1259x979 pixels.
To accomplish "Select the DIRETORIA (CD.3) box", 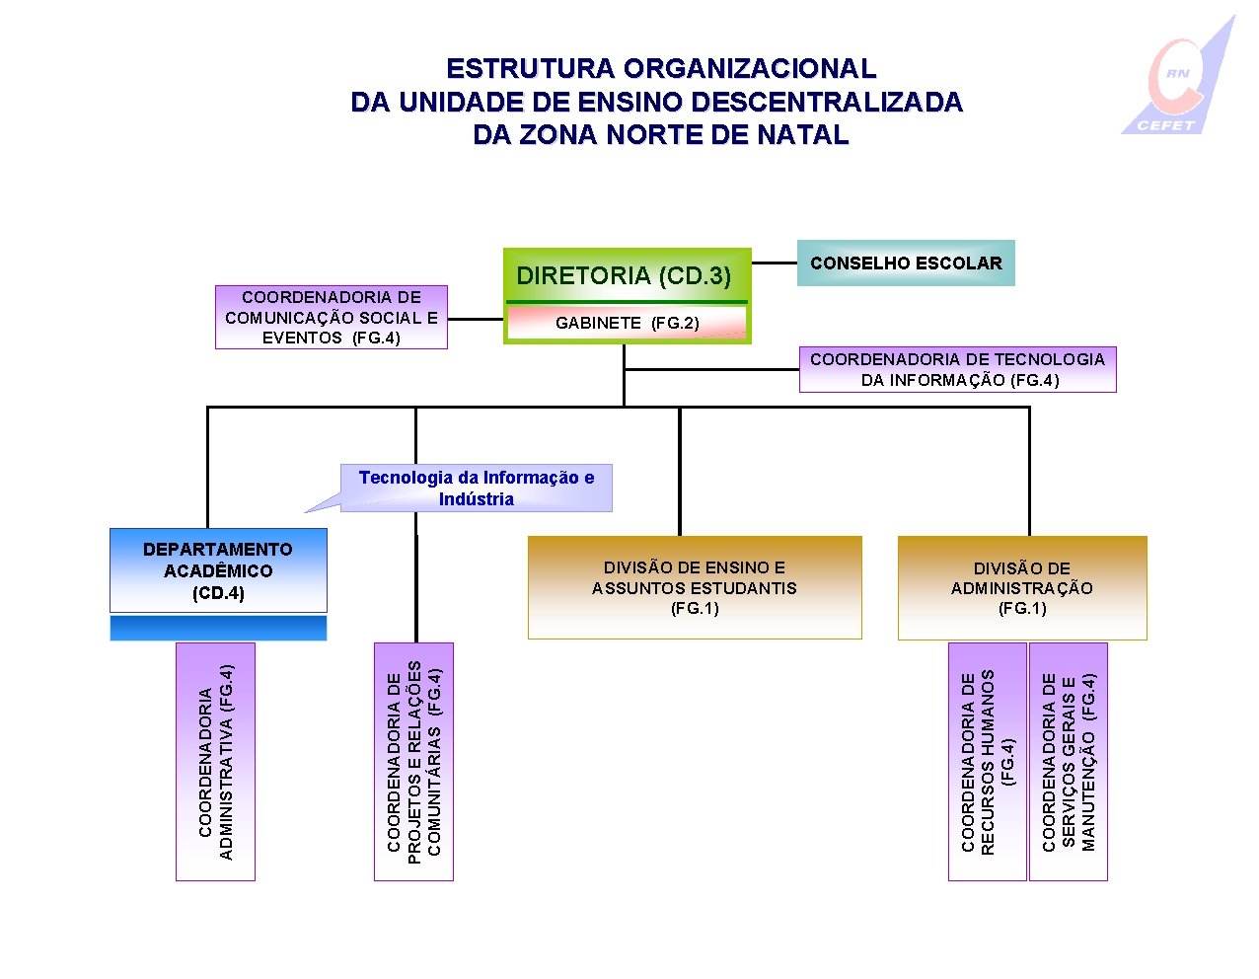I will coord(624,275).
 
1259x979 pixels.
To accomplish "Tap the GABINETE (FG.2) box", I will coord(627,323).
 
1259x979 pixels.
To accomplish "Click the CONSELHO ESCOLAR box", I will coord(905,264).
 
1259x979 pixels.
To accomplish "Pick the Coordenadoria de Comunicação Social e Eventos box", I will coord(332,318).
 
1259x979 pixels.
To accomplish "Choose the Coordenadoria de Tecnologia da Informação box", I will coord(957,370).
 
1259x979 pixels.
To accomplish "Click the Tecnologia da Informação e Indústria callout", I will coord(477,489).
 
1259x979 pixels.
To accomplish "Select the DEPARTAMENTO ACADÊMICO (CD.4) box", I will coord(218,571).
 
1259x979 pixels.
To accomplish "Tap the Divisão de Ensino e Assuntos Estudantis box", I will coord(695,587).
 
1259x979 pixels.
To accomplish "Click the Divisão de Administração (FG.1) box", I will coord(1022,587).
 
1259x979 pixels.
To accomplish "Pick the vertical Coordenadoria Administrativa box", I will coord(215,761).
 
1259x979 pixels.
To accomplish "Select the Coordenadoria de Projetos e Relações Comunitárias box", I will coord(414,761).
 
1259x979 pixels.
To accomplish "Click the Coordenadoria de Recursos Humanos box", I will coord(987,761).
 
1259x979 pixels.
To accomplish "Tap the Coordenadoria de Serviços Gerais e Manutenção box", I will coord(1069,761).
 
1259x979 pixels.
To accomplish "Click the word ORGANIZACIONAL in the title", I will coord(749,69).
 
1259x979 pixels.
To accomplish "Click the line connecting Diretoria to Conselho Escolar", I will coord(775,264).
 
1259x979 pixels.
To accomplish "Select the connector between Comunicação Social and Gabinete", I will coord(476,319).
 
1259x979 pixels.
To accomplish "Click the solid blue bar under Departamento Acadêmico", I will coord(218,629).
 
